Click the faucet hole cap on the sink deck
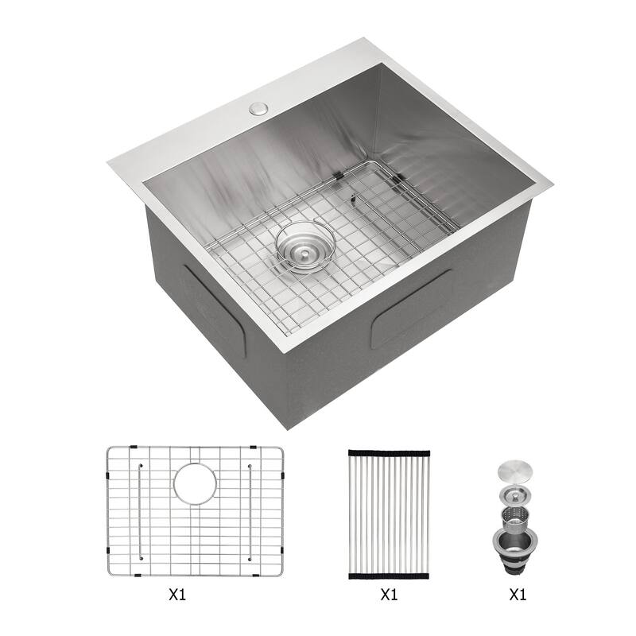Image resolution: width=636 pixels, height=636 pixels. point(258,109)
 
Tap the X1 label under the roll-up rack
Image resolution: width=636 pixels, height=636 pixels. point(389,594)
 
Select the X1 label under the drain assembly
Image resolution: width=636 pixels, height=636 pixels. point(517,594)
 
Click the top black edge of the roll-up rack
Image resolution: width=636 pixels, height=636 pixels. point(389,452)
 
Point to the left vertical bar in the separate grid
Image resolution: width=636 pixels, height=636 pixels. point(141,510)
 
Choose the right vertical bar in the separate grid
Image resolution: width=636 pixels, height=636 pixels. point(250,510)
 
